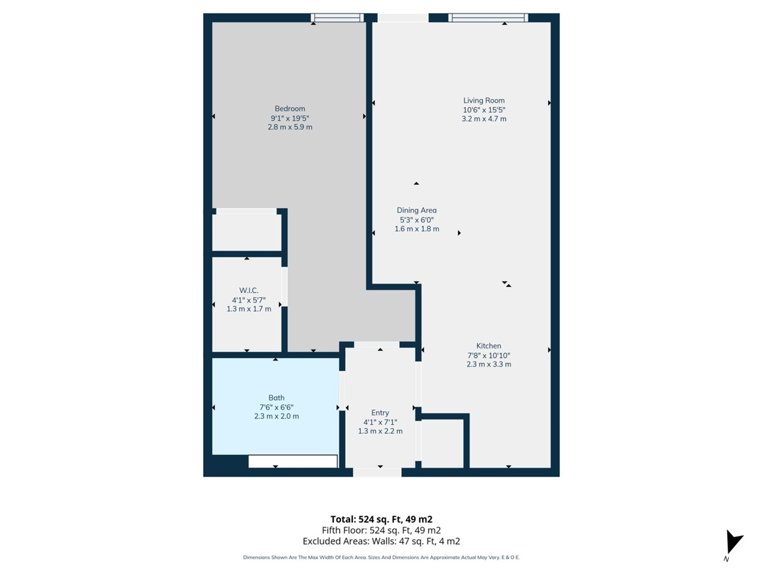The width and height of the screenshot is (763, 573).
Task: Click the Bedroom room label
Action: (x=290, y=109)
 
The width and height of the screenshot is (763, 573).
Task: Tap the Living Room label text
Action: (x=484, y=101)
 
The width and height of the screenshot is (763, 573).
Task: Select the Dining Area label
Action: (x=417, y=210)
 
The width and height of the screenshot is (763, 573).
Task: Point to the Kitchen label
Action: (x=488, y=346)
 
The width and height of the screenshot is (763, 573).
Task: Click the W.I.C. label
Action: (x=249, y=291)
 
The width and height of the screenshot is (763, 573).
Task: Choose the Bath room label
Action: (x=276, y=398)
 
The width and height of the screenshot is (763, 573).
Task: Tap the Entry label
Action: (x=380, y=412)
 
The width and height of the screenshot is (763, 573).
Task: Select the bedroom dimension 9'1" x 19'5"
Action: (x=290, y=118)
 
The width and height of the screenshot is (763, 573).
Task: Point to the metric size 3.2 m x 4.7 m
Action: (x=484, y=119)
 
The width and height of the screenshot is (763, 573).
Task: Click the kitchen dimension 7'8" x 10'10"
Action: (x=488, y=355)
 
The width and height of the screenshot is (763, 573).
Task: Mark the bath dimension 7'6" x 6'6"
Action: (x=276, y=407)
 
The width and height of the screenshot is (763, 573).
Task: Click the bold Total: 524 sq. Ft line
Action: (x=381, y=519)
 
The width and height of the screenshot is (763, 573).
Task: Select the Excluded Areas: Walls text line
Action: (x=381, y=541)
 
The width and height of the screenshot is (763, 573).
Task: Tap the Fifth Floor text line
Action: (x=381, y=530)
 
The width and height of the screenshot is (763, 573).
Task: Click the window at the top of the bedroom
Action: (x=337, y=18)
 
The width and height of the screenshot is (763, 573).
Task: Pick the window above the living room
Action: (x=488, y=18)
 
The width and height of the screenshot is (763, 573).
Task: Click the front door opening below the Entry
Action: (x=377, y=473)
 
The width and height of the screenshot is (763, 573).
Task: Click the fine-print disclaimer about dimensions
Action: (x=381, y=557)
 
